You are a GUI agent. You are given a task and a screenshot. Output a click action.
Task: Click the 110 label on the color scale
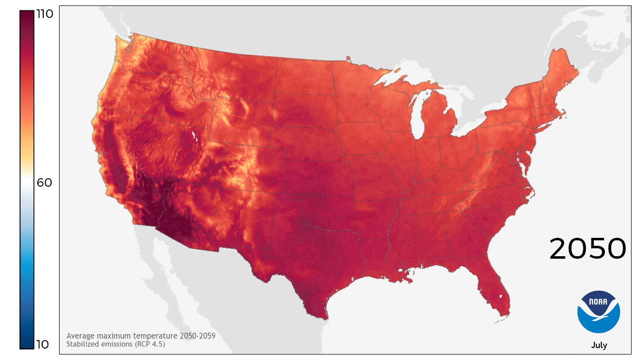45,14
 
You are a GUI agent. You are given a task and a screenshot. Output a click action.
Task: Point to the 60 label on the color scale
44,183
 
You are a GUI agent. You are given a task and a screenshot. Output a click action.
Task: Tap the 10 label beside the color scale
43,344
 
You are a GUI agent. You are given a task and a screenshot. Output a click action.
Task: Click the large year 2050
587,249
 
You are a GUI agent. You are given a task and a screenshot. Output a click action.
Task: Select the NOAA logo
599,312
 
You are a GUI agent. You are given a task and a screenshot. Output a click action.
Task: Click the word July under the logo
599,345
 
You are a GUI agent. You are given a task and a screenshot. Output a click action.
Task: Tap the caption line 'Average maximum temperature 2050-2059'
141,336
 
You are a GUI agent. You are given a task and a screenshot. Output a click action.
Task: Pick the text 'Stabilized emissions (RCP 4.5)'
116,344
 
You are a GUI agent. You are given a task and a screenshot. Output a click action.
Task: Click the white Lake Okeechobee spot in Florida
500,298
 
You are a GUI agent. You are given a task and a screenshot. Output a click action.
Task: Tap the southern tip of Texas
324,318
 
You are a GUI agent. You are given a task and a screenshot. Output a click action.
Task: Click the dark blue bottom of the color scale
27,340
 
